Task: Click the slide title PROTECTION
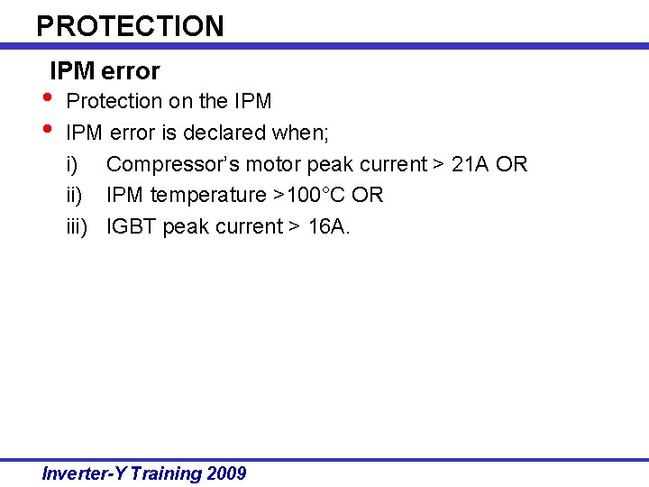coord(130,25)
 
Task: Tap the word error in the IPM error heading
coord(131,71)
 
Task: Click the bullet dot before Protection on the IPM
coord(47,97)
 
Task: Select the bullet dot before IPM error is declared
coord(47,128)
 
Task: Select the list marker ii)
coord(74,196)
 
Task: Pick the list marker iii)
coord(77,226)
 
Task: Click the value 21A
coord(470,165)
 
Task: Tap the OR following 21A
coord(511,165)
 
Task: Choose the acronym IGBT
coord(132,226)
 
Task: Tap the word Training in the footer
coord(166,473)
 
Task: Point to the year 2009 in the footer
coord(226,473)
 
